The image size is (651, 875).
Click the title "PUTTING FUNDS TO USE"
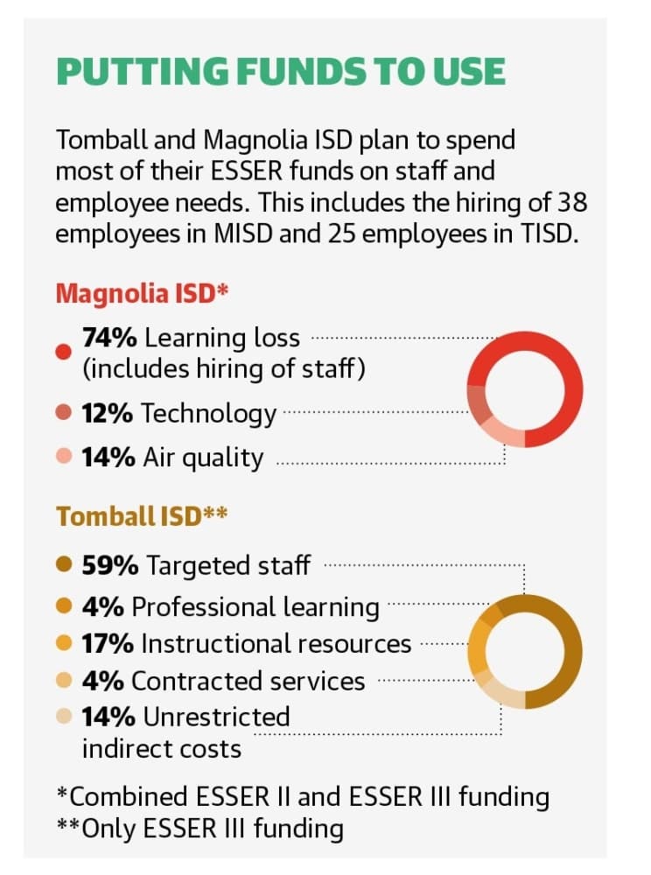pos(281,72)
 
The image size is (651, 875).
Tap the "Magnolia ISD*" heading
pos(143,293)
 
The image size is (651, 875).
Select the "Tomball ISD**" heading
pos(142,515)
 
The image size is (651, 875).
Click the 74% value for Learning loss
pos(109,338)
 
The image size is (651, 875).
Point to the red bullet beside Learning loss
pos(64,352)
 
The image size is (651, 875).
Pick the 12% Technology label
pos(178,414)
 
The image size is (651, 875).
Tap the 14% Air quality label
pos(172,458)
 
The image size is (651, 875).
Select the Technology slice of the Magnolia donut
pos(479,402)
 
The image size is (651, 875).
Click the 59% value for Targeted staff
pos(110,565)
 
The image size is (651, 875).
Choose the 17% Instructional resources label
pos(247,643)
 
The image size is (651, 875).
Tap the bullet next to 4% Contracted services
pos(64,681)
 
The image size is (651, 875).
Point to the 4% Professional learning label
pos(230,607)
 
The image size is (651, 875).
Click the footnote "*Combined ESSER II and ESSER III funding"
pos(303,797)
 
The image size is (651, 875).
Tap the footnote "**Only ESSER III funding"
pos(199,829)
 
